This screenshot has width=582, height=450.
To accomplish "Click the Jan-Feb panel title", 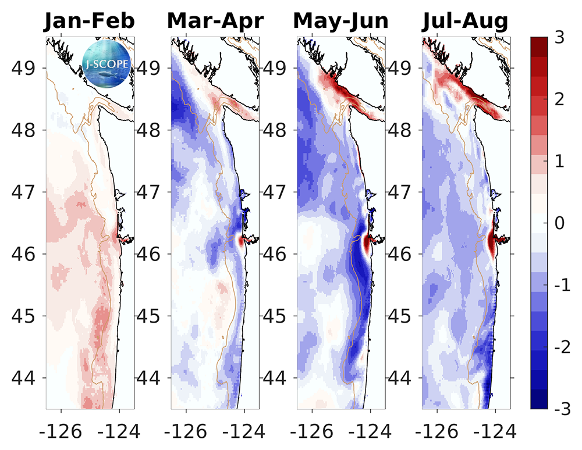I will [x=90, y=21].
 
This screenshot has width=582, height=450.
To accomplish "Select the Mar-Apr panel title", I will [x=215, y=21].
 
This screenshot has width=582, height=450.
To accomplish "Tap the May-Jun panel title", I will [x=341, y=21].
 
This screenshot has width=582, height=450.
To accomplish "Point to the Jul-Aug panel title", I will [x=465, y=21].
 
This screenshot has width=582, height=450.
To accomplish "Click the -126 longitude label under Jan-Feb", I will [x=57, y=431].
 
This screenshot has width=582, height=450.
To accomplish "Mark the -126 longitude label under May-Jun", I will [x=308, y=431].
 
